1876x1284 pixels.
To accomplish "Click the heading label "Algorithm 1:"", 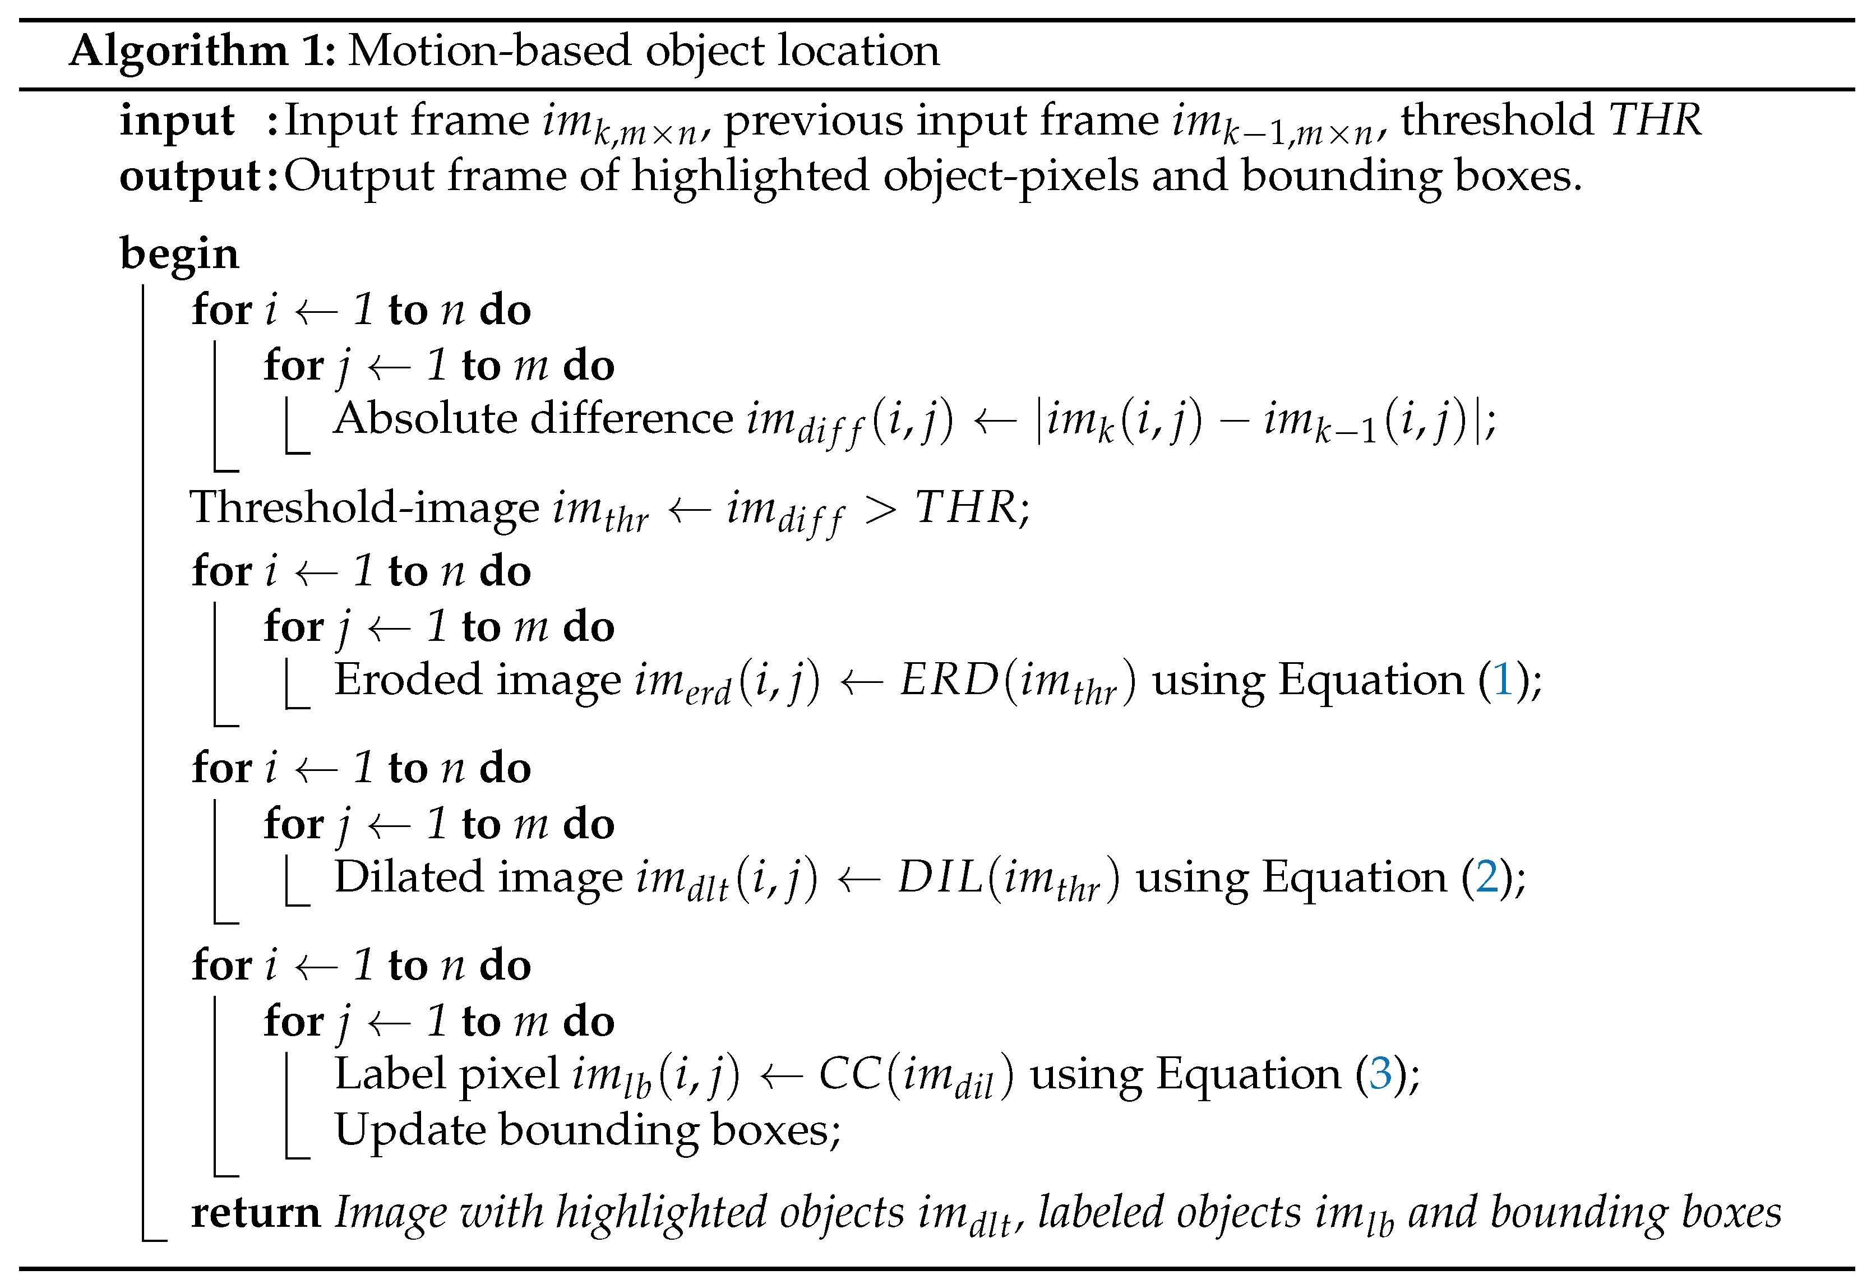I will click(x=202, y=52).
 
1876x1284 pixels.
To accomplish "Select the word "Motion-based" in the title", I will click(x=489, y=52).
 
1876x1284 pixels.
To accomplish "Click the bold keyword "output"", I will click(x=190, y=177).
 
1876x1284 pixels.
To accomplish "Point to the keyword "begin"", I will click(x=179, y=254).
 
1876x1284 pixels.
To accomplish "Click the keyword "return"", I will click(x=255, y=1213).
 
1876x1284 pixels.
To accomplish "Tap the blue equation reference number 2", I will click(x=1486, y=877).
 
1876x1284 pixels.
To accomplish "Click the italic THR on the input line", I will click(x=1655, y=121).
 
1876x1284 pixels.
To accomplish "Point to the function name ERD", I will click(x=949, y=680).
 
